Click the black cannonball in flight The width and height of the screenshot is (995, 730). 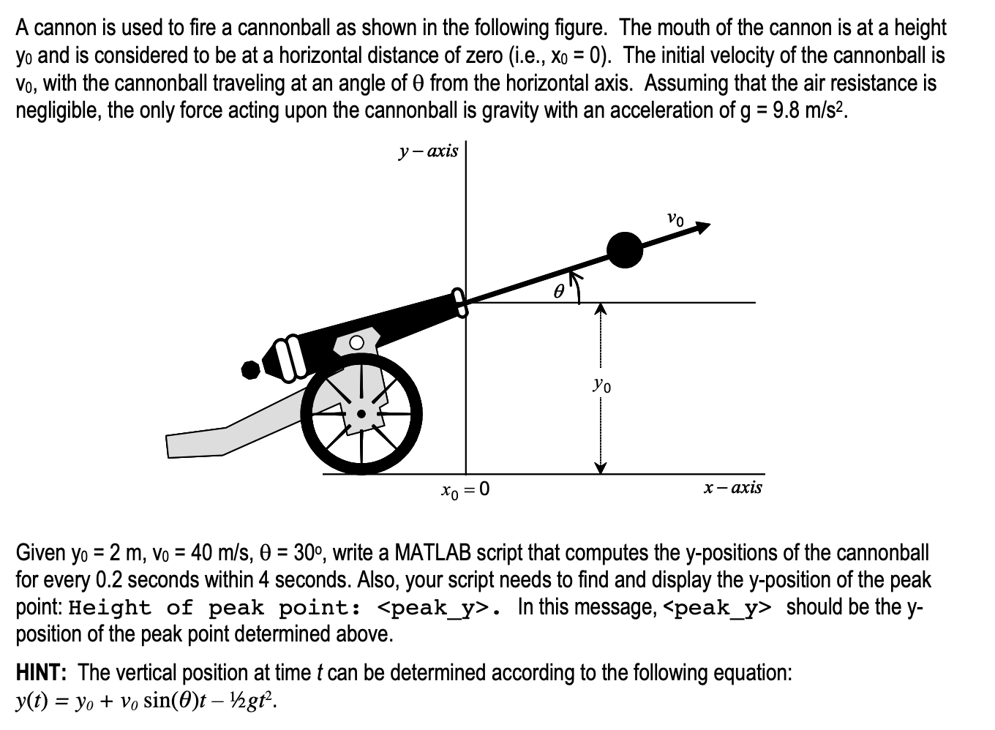(625, 249)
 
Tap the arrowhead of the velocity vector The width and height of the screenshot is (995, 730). (703, 227)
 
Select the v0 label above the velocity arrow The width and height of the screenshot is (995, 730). (676, 217)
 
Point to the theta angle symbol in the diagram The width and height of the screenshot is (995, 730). (558, 291)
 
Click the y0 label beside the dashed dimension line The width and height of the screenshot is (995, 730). (603, 383)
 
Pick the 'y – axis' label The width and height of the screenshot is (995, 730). (428, 151)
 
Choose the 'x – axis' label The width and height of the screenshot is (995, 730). (732, 487)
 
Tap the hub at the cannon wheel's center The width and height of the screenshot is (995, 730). (361, 414)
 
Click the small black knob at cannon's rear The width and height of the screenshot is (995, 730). (252, 370)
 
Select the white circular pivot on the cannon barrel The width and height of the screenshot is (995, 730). (356, 342)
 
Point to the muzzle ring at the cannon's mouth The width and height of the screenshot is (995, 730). (461, 301)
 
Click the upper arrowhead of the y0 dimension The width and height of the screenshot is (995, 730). (600, 309)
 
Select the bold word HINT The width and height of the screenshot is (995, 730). (43, 673)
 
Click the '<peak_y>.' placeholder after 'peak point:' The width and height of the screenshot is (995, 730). (438, 608)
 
